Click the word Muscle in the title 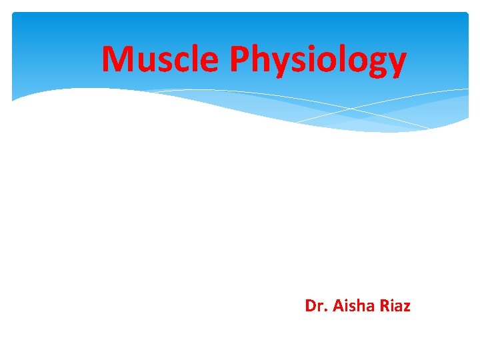click(x=160, y=59)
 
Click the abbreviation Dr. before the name click(x=313, y=306)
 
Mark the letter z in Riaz click(x=407, y=308)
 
